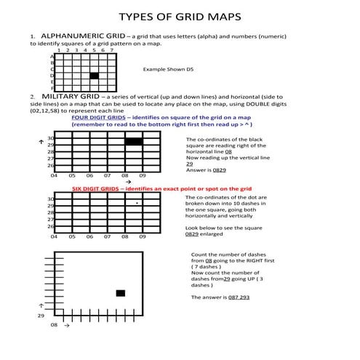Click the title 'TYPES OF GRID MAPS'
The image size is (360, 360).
click(x=179, y=17)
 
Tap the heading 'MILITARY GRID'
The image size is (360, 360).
click(x=71, y=96)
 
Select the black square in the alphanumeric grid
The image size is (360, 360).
click(x=94, y=76)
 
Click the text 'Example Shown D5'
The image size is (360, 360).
click(x=168, y=69)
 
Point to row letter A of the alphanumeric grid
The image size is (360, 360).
click(x=52, y=56)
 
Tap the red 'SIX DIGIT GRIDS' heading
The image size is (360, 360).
click(x=97, y=188)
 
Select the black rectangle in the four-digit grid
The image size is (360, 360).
click(x=133, y=142)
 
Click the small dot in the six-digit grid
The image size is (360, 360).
click(x=137, y=204)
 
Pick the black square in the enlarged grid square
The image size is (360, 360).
click(x=120, y=293)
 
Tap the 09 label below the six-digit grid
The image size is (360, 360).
click(x=143, y=237)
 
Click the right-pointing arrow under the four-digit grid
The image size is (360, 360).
click(x=128, y=182)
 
